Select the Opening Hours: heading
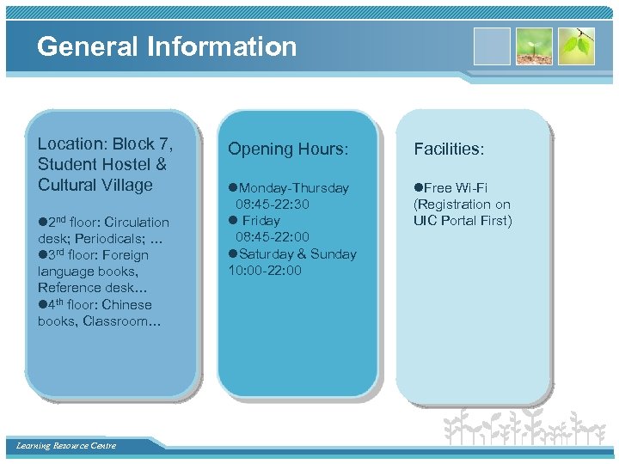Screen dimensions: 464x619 point(288,149)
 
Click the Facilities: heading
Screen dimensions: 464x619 point(449,149)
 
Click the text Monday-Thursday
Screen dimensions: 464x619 point(293,188)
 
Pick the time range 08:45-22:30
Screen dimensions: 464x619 point(273,205)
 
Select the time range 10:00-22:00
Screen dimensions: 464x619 point(265,271)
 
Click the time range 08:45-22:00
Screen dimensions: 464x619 point(273,237)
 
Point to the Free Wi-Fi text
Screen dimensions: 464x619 point(457,188)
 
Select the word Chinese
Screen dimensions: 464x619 point(126,305)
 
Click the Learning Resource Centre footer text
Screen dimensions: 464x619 point(66,445)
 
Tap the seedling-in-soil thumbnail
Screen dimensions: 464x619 point(534,46)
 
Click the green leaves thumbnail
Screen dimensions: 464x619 point(576,46)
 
